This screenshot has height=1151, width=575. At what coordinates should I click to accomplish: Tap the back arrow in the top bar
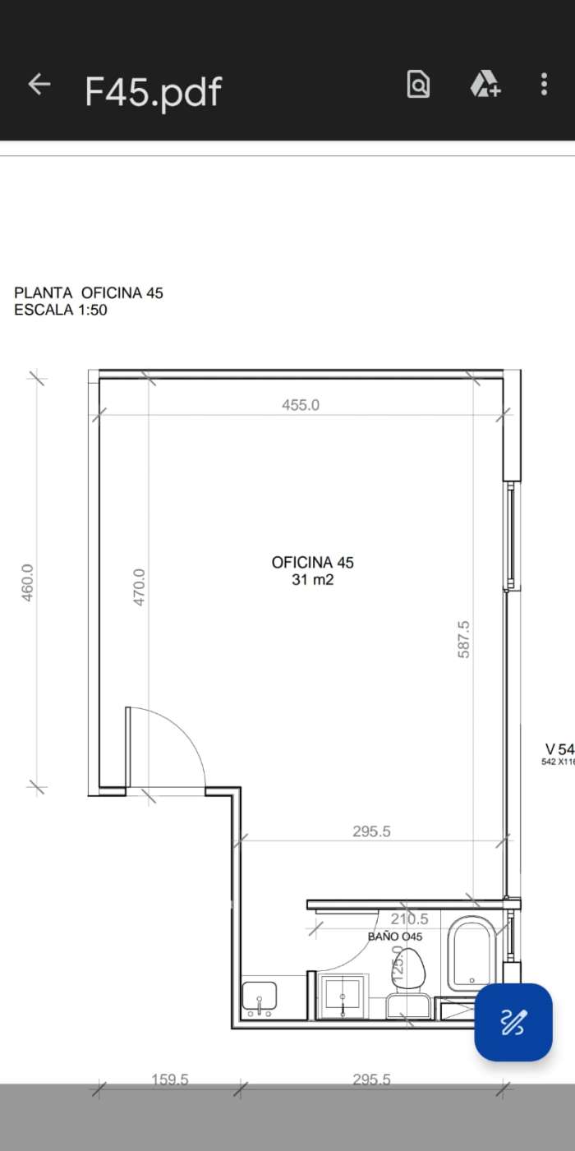point(39,84)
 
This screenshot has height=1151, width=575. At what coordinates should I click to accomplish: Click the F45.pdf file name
point(153,91)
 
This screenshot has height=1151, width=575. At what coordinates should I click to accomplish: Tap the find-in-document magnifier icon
point(418,85)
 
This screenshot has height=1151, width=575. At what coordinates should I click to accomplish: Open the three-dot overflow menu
point(544,84)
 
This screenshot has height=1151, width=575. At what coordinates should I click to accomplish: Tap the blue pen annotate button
point(513,1022)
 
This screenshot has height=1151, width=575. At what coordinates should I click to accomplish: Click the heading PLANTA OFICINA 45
point(89,292)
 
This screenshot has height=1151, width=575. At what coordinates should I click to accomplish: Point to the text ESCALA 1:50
point(61,311)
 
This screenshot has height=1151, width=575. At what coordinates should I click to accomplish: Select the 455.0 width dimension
point(301,405)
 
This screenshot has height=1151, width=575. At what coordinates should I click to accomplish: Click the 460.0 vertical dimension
point(27,582)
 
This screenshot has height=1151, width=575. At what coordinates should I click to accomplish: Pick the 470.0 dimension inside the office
point(139,587)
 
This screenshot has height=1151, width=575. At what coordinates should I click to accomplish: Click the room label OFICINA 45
point(312,563)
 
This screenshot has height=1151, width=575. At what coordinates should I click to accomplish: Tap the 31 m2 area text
point(312,580)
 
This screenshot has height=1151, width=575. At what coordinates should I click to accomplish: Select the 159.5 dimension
point(170,1080)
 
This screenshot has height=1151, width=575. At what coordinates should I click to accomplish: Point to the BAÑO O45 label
point(395,937)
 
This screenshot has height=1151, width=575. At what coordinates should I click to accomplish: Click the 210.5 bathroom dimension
point(409,919)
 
